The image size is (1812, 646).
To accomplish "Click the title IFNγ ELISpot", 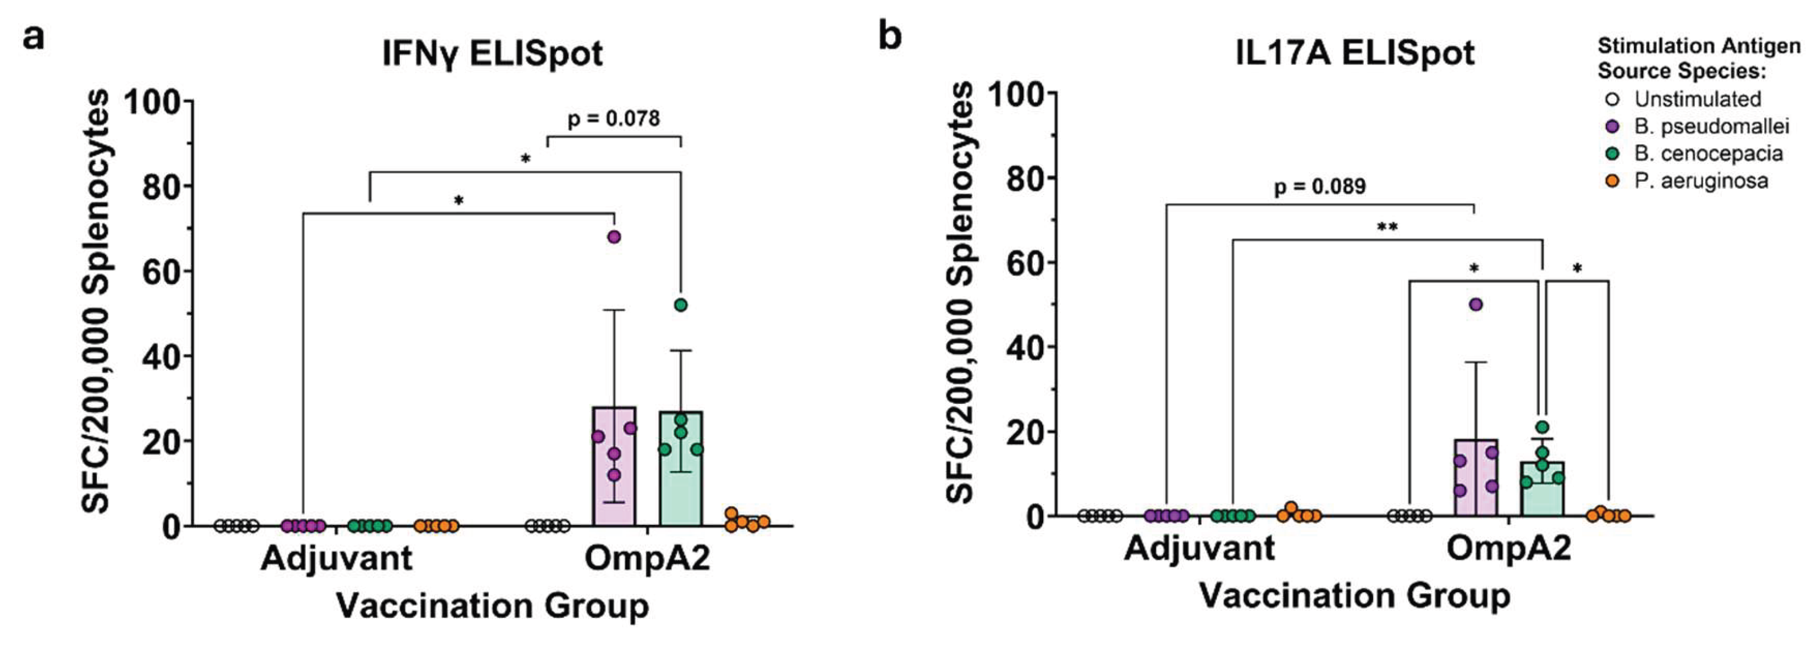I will point(492,53).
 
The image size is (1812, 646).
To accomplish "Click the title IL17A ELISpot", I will point(1355,53).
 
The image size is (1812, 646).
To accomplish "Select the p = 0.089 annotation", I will point(1320,187).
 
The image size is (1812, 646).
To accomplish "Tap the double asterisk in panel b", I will point(1387,228).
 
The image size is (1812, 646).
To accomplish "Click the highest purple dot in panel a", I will point(614,237).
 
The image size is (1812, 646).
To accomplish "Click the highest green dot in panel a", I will point(680,305).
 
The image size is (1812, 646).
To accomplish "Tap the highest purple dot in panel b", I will point(1476,304).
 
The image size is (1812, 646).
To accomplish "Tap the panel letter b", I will point(890,36).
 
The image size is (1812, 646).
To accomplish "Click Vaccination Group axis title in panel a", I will point(492,606).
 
